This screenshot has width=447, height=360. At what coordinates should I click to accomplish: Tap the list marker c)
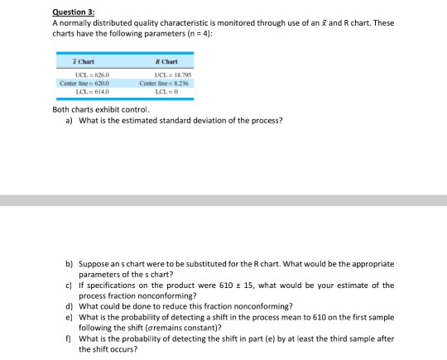click(70, 285)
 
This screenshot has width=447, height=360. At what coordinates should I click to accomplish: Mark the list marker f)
click(70, 338)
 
